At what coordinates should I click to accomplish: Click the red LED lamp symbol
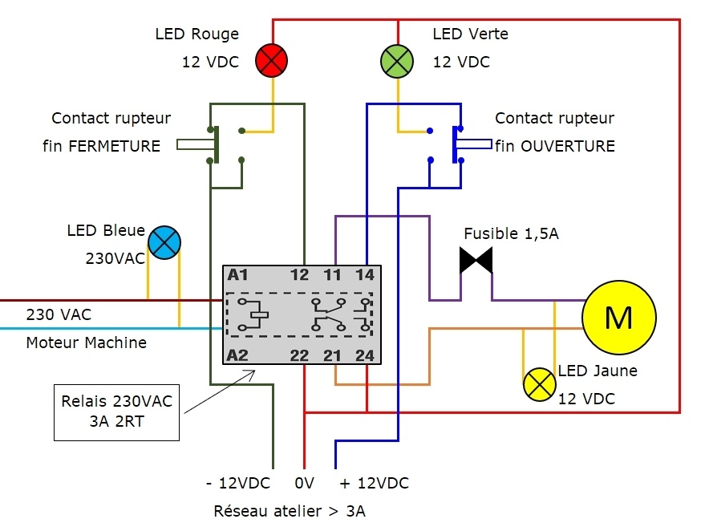coord(271,61)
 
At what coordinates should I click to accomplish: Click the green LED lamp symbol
coord(397,61)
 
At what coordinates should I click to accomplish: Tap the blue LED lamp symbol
coord(164,242)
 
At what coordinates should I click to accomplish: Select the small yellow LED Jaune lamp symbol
coord(540,384)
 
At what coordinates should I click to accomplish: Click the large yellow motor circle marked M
coord(618,317)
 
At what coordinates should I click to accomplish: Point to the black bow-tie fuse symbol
coord(476,260)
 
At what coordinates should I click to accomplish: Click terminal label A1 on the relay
coord(238,274)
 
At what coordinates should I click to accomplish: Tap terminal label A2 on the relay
coord(238,355)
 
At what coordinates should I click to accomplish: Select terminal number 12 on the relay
coord(299,274)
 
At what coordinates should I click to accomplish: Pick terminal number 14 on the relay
coord(365,274)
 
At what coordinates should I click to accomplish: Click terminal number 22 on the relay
coord(299,355)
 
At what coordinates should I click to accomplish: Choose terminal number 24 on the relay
coord(365,355)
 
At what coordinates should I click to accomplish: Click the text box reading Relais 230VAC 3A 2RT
coord(116,412)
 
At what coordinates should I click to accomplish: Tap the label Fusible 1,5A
coord(512,234)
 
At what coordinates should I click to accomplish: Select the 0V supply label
coord(304,483)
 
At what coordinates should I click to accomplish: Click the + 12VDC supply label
coord(375,483)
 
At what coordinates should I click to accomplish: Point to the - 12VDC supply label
coord(238,483)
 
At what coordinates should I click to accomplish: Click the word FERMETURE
coord(115,146)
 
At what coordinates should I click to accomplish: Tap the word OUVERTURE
coord(568,146)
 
